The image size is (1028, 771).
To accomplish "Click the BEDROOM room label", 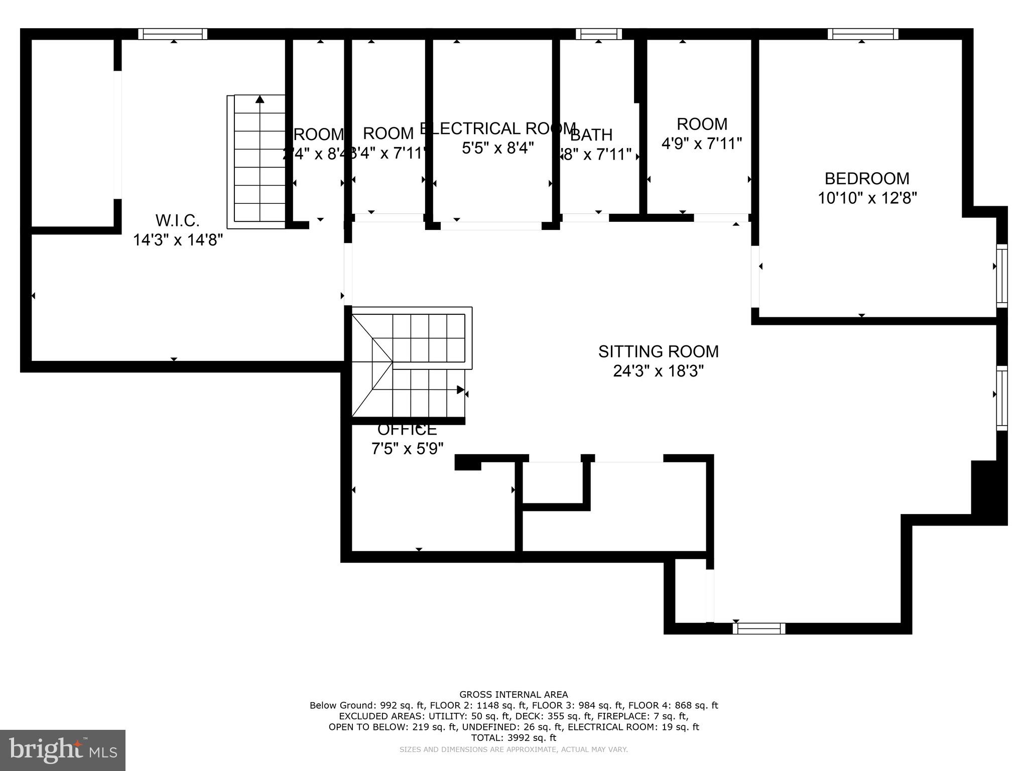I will point(866,179).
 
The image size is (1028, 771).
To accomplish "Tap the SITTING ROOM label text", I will point(658,351).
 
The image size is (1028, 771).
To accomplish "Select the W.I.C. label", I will point(177,220).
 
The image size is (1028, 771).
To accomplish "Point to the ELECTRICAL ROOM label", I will point(497,128).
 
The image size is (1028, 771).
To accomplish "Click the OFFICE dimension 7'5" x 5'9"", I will point(407,448).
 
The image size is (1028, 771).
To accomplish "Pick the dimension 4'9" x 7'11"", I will point(701,144).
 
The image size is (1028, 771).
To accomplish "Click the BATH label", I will point(591,135).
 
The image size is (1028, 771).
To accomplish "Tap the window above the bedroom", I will point(863,34).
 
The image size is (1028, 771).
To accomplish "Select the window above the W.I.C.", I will point(173,34).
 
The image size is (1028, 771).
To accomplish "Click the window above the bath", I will point(598,34).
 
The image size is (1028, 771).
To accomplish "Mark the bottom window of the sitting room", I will point(758,628).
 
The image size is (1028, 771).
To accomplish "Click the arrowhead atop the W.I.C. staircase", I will point(260,99).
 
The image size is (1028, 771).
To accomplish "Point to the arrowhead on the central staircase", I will point(460,390).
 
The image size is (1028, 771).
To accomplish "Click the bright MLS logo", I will point(63,750).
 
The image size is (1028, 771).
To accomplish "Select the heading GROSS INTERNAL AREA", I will point(513,695).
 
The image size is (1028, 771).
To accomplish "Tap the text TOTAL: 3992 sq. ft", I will point(513,738).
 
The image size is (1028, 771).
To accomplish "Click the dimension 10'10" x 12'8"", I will point(867,198).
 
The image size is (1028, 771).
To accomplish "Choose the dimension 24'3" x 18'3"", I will point(658,371).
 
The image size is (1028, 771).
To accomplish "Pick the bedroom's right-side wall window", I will point(1001,276).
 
